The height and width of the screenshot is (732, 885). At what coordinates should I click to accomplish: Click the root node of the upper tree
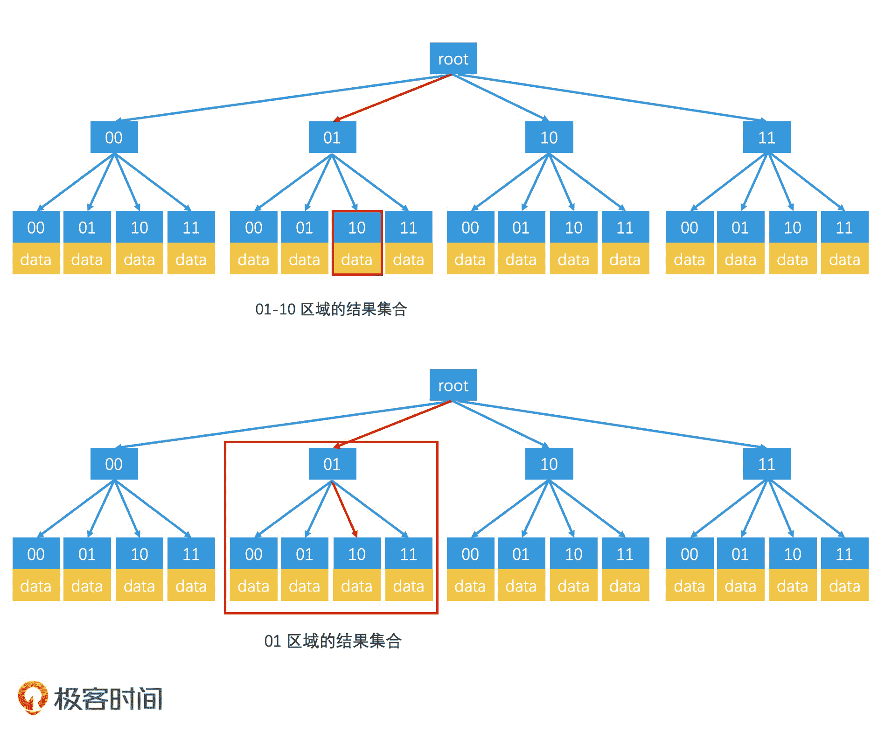coord(453,59)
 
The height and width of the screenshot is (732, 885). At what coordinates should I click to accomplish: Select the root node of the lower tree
coord(453,385)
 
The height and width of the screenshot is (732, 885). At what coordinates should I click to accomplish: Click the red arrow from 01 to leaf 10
coord(344,509)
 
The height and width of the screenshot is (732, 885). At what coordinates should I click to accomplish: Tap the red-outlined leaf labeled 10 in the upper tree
coord(357,228)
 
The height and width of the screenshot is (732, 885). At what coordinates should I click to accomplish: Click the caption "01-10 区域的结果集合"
coord(331,309)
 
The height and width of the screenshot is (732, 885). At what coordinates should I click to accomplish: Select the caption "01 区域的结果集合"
coord(332,641)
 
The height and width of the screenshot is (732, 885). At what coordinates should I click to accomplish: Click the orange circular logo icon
coord(32,697)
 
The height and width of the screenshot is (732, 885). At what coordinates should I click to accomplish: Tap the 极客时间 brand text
coord(108,699)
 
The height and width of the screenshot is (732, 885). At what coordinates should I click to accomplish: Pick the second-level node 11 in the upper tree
coord(767,138)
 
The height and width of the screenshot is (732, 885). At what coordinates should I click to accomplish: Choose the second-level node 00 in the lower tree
coord(114,464)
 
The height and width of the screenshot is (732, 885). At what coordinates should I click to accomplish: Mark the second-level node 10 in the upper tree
coord(549,138)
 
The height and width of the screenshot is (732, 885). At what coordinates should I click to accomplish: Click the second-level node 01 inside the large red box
coord(332,464)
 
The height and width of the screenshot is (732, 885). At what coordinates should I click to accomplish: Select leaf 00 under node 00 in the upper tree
coord(36,228)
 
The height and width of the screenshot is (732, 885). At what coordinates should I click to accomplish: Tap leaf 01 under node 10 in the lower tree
coord(521,554)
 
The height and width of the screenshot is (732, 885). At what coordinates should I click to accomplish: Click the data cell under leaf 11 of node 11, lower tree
coord(844,586)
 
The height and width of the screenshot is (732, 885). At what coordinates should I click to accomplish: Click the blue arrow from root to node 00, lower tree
coord(280,424)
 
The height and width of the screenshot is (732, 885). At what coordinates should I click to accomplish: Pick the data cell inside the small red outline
coord(357,259)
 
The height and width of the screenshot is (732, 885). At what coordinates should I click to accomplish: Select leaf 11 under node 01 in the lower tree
coord(408,554)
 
